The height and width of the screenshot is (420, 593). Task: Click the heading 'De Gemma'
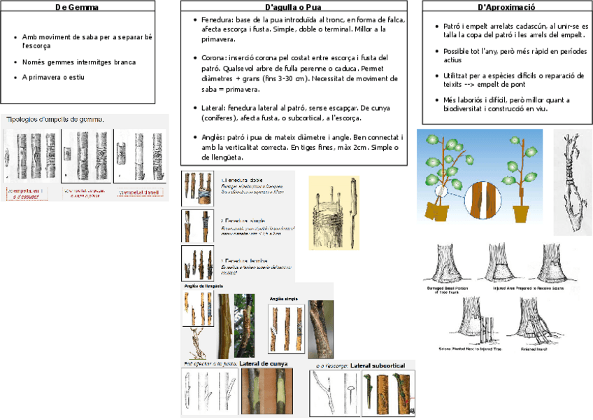click(77, 7)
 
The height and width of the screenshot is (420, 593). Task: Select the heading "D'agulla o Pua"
click(293, 7)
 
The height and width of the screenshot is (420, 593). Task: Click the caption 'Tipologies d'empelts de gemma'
click(56, 120)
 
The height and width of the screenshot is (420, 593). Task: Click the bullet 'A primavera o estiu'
click(53, 77)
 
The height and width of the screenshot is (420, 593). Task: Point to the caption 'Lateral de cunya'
click(263, 364)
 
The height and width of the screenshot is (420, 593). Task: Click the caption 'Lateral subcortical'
click(378, 365)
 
